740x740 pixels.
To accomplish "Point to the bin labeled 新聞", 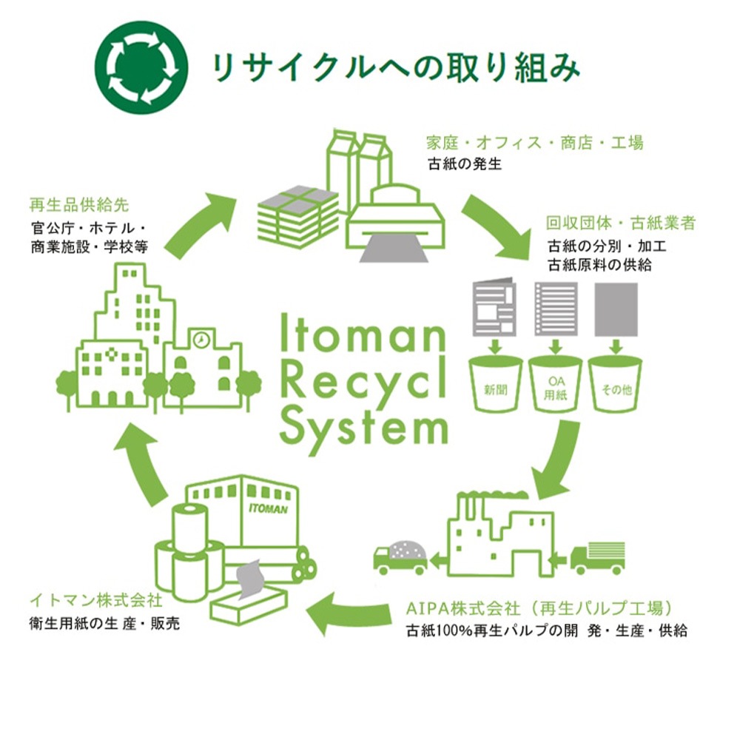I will (496, 385).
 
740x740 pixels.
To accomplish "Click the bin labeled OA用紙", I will (555, 385).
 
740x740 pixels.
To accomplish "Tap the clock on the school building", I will (201, 339).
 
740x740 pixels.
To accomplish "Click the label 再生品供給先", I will (79, 203).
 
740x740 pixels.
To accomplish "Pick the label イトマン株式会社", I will (95, 598).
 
